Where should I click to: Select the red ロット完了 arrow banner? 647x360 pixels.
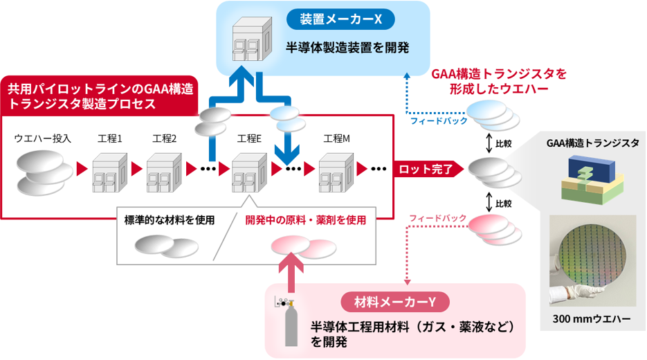(x=425, y=168)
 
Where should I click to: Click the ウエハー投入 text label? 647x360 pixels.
(x=43, y=139)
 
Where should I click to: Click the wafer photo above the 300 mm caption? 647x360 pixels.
(x=592, y=260)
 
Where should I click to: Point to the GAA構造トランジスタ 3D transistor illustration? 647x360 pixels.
(x=592, y=180)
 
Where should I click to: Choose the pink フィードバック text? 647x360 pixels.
(x=437, y=218)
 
